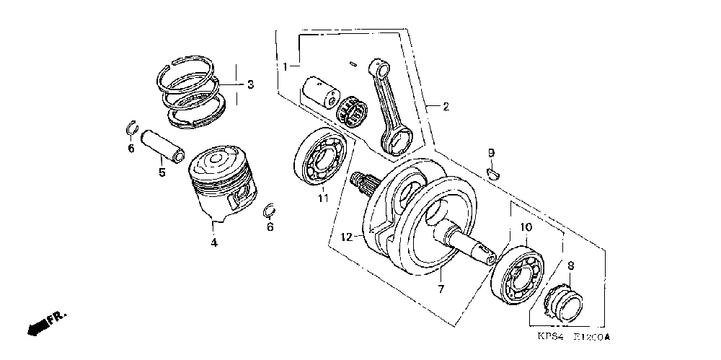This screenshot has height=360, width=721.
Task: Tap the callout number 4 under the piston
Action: click(214, 243)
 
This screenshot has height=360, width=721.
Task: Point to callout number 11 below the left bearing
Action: click(324, 198)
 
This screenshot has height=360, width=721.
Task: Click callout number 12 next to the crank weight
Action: click(346, 237)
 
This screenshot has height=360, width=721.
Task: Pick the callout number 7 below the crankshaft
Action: click(441, 289)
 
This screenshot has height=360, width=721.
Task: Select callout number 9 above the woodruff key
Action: click(491, 152)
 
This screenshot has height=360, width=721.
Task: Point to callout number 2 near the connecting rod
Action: click(446, 107)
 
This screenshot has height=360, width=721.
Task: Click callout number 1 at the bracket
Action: click(286, 66)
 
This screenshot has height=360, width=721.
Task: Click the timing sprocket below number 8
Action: click(567, 304)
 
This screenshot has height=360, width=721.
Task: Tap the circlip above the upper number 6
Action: click(131, 128)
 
